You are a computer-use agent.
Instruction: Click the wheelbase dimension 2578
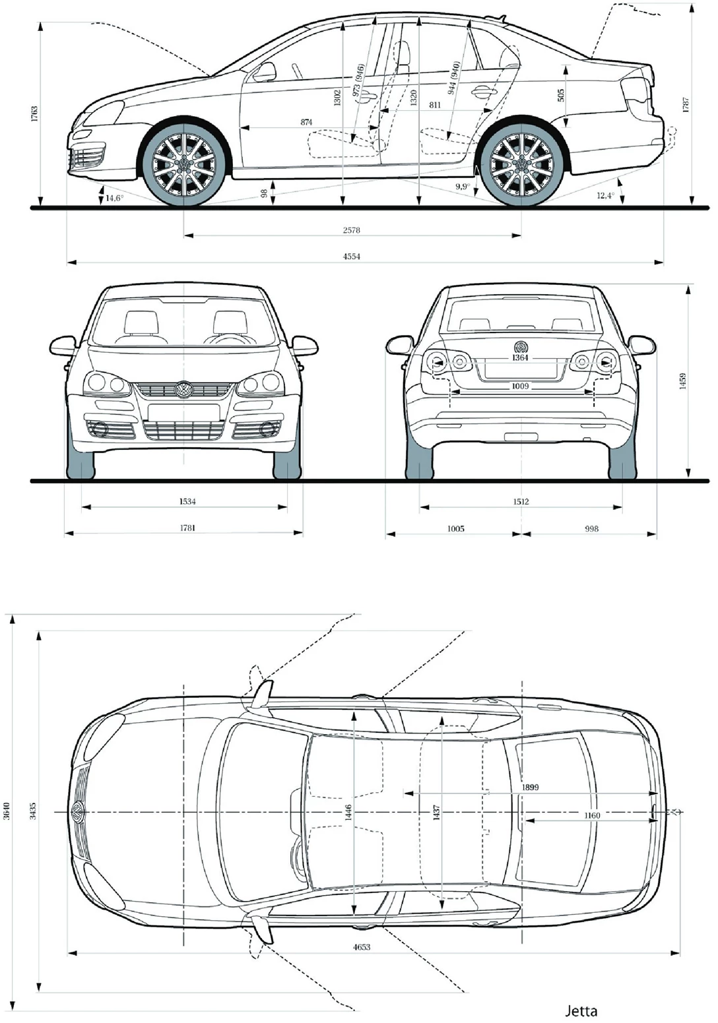click(351, 230)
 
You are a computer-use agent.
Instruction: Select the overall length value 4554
click(351, 257)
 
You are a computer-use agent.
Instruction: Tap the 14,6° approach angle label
click(114, 198)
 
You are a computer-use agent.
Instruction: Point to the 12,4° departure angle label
click(605, 196)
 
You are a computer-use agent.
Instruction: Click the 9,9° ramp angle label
click(462, 187)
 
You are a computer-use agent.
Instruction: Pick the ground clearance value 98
click(264, 194)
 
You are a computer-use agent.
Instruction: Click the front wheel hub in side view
click(184, 164)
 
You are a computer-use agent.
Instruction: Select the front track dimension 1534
click(187, 501)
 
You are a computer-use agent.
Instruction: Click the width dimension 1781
click(187, 528)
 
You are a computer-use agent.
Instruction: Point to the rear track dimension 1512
click(521, 501)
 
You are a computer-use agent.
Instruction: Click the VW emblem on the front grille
click(183, 390)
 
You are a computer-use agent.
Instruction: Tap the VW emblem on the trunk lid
click(521, 347)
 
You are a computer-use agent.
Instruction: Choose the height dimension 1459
click(684, 381)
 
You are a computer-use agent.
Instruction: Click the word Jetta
click(581, 1010)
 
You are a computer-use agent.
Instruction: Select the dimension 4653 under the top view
click(361, 946)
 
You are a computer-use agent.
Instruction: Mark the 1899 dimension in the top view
click(530, 787)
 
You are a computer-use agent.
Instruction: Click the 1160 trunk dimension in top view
click(592, 815)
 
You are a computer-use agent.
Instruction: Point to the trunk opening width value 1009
click(520, 386)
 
